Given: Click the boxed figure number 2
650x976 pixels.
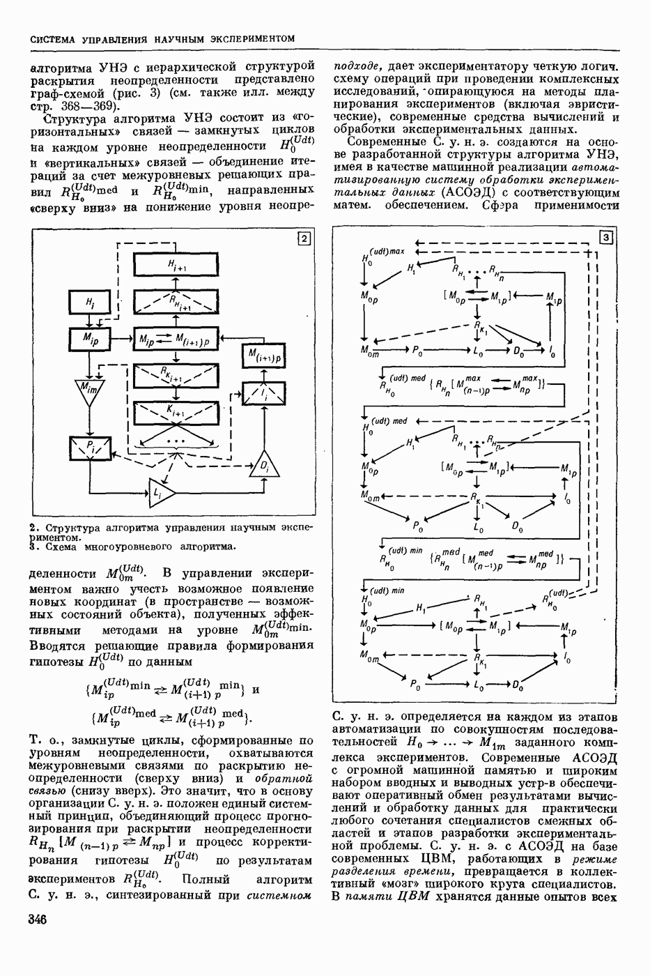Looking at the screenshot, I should [x=304, y=239].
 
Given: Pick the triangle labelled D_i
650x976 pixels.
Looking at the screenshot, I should [x=265, y=464].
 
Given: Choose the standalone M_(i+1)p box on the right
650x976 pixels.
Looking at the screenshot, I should [x=265, y=356].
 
